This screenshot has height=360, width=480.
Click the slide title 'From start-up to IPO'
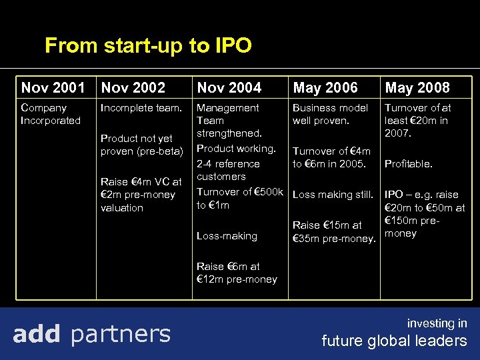click(x=148, y=46)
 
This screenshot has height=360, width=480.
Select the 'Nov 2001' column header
click(x=53, y=87)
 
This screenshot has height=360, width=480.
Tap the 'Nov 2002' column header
click(x=133, y=87)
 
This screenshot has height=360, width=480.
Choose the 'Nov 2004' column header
click(x=229, y=87)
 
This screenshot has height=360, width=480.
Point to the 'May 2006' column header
click(x=325, y=87)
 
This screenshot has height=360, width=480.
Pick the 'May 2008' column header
click(x=417, y=87)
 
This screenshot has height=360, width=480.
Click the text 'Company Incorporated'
click(x=51, y=114)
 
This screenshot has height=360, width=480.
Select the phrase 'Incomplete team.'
click(x=141, y=107)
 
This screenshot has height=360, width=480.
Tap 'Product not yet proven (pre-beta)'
click(x=141, y=145)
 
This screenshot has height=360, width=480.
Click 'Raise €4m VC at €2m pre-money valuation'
click(x=141, y=195)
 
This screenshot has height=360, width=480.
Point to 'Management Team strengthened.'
click(x=228, y=121)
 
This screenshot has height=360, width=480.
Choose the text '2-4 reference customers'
click(x=227, y=170)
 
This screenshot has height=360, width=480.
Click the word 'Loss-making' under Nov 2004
click(x=227, y=235)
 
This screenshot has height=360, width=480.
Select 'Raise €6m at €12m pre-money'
click(x=237, y=273)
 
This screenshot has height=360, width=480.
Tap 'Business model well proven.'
click(x=330, y=114)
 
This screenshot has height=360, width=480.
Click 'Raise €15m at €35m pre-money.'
click(x=334, y=232)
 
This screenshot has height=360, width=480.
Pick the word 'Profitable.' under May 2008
click(x=409, y=163)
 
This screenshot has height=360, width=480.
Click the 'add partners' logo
click(x=91, y=333)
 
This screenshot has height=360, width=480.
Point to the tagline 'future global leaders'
click(x=394, y=341)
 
